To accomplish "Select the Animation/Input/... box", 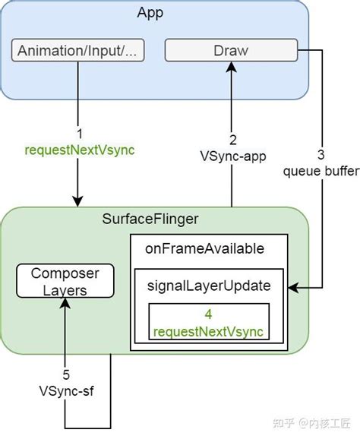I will [x=78, y=52].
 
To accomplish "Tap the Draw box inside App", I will [x=232, y=52].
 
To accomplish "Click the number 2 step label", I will [x=232, y=139].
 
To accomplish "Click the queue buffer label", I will [x=321, y=171].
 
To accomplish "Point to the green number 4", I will [x=208, y=313].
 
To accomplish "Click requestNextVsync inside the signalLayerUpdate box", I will [x=209, y=330].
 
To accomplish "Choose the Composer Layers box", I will [x=65, y=281].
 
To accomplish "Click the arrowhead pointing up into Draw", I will [x=232, y=68].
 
